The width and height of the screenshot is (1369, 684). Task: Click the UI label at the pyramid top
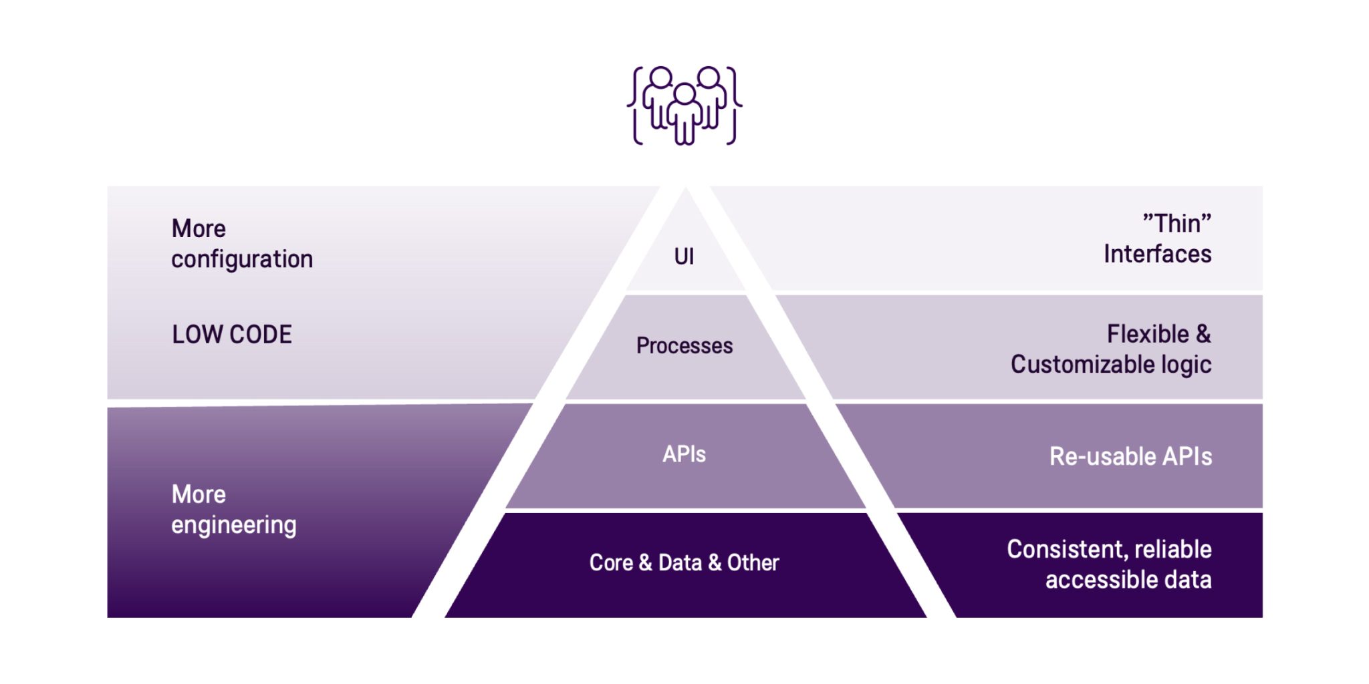[x=684, y=256]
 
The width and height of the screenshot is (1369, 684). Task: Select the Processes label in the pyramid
[x=684, y=346]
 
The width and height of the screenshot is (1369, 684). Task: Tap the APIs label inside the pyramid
[x=684, y=454]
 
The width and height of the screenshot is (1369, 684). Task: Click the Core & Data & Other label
[x=684, y=562]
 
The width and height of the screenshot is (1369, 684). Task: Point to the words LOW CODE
[x=232, y=335]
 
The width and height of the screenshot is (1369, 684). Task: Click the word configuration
[x=242, y=259]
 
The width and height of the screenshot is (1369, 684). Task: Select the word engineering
[x=234, y=526]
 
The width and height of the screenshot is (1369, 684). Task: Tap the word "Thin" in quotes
[x=1176, y=223]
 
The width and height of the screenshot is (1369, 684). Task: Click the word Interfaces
[x=1157, y=254]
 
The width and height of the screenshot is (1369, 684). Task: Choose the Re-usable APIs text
[x=1130, y=457]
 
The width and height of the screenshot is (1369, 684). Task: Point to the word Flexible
[x=1148, y=334]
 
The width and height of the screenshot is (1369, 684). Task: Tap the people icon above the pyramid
[x=684, y=106]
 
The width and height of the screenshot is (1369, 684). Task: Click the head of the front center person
[x=684, y=94]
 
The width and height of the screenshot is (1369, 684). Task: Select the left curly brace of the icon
[x=635, y=106]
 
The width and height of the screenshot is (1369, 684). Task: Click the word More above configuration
[x=199, y=229]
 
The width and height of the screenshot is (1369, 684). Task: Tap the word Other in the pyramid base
[x=753, y=562]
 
